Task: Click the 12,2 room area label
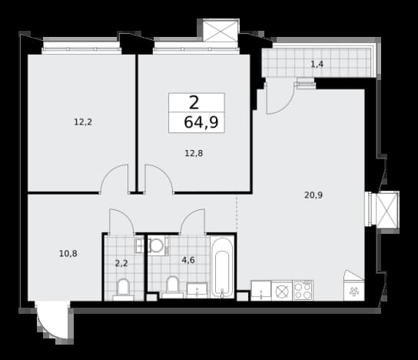click(x=83, y=122)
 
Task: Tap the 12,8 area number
click(x=194, y=153)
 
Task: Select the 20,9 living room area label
click(x=313, y=195)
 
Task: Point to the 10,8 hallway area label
click(x=68, y=254)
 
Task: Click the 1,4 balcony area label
click(x=317, y=64)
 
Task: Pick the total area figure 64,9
click(x=201, y=122)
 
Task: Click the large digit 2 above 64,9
click(x=194, y=103)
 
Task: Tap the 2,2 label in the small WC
click(x=121, y=264)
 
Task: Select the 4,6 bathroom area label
click(x=188, y=260)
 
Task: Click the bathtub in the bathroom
click(x=222, y=268)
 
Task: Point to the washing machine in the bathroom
click(x=159, y=246)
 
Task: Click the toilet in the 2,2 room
click(x=123, y=289)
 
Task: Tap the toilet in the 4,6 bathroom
click(x=172, y=288)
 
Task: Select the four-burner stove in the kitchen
click(x=303, y=290)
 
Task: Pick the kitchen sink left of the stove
click(x=261, y=291)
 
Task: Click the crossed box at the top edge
click(x=221, y=32)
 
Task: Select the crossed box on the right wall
click(x=386, y=210)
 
